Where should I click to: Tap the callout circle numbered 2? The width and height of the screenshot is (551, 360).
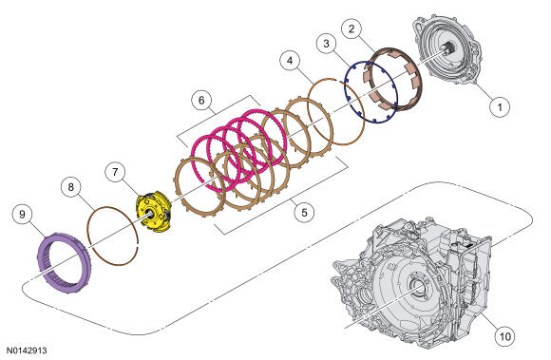click(351, 28)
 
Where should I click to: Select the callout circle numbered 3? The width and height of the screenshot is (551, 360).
click(327, 45)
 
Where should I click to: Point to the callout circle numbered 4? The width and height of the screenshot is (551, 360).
click(290, 61)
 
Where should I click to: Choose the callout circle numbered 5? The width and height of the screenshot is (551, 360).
click(304, 212)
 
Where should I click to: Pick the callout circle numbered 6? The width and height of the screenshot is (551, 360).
click(201, 101)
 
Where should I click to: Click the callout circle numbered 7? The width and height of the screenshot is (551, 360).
click(116, 173)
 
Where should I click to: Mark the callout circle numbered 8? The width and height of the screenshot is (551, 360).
click(71, 187)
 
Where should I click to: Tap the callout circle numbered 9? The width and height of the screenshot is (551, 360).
click(22, 215)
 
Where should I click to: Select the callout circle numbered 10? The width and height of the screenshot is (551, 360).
click(505, 336)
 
